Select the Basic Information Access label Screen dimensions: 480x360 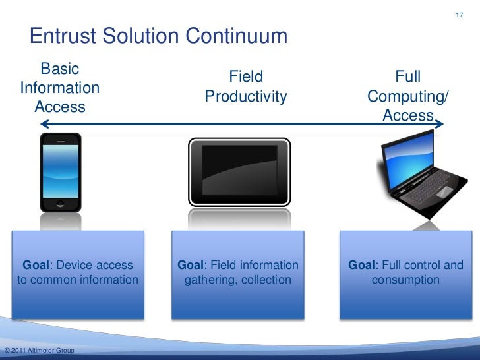click(x=60, y=88)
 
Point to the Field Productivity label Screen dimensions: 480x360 click(x=246, y=87)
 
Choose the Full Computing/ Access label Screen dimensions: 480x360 click(x=407, y=96)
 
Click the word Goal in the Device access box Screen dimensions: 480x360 click(x=37, y=266)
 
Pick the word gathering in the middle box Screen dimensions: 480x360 click(x=210, y=280)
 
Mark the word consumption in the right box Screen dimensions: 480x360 click(x=405, y=280)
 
